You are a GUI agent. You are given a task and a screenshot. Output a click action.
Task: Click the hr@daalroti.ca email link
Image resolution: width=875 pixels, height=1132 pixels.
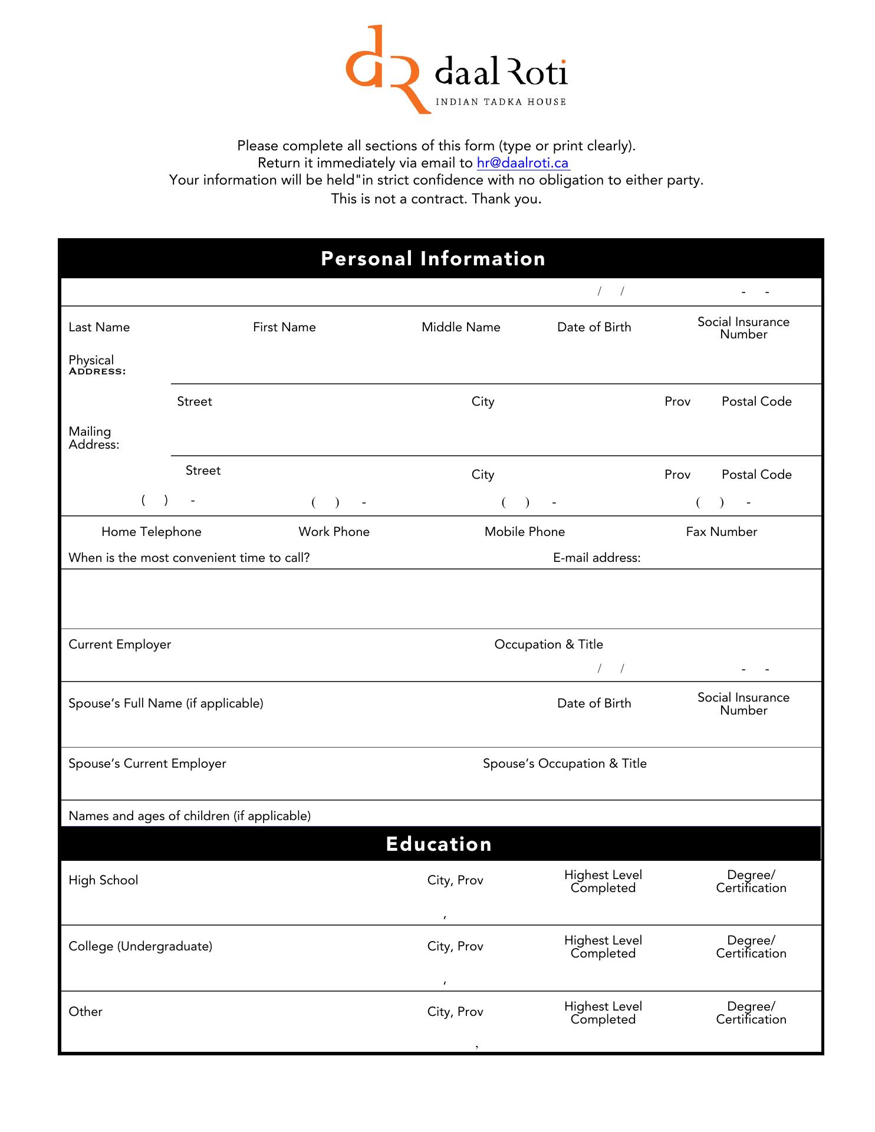(522, 163)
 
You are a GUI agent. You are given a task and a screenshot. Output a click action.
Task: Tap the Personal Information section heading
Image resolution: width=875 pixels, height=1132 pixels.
(433, 259)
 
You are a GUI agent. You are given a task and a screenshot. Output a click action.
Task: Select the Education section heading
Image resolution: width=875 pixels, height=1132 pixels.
(439, 844)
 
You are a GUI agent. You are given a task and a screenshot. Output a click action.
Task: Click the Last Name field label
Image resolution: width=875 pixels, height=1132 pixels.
(99, 327)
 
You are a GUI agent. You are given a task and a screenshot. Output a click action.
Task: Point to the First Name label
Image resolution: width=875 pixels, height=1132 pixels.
(284, 327)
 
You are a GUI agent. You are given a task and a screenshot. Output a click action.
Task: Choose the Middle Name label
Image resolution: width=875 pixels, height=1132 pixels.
(460, 327)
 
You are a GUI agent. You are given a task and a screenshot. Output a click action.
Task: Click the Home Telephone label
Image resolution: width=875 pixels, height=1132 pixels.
(152, 532)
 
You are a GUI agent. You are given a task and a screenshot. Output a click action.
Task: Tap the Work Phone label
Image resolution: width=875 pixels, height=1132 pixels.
(334, 532)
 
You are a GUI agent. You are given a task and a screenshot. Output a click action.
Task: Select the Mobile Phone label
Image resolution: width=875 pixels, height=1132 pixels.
(524, 532)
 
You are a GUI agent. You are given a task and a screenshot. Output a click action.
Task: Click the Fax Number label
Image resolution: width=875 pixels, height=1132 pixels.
(721, 532)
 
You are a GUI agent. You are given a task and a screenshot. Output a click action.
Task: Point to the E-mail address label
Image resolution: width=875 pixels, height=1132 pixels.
(597, 558)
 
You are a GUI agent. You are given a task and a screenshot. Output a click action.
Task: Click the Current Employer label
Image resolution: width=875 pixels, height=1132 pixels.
(120, 644)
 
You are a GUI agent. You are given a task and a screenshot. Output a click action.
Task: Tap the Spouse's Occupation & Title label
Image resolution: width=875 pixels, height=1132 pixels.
(564, 764)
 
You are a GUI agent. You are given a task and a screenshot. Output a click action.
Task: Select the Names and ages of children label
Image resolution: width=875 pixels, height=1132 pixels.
(189, 816)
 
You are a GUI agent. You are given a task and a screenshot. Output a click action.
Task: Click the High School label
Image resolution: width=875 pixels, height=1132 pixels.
(103, 880)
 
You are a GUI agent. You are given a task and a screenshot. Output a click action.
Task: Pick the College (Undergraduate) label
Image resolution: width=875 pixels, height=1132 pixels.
(140, 946)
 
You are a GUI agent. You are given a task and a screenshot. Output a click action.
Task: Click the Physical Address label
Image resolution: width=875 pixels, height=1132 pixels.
(97, 365)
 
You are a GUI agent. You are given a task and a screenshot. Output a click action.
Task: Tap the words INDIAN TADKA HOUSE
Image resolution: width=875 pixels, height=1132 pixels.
(501, 102)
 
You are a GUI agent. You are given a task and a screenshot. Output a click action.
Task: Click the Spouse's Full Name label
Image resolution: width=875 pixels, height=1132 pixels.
(166, 703)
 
